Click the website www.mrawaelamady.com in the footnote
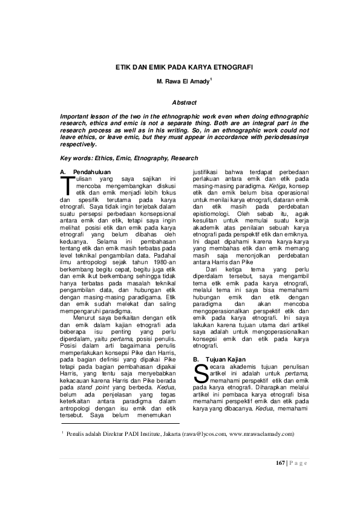click(263, 434)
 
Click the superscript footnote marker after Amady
click(211, 78)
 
